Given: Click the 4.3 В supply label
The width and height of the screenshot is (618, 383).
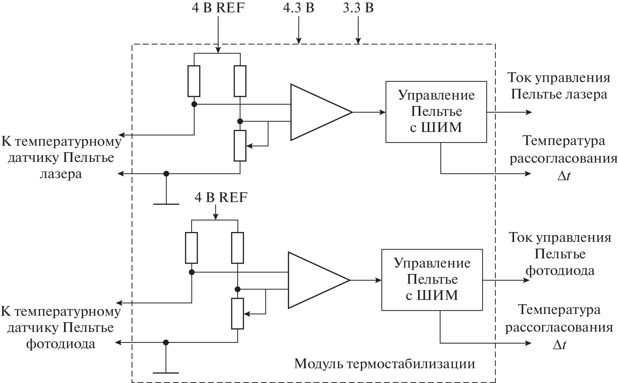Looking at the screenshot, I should pyautogui.click(x=298, y=8).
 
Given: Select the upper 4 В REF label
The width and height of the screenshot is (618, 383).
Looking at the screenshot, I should pyautogui.click(x=218, y=8).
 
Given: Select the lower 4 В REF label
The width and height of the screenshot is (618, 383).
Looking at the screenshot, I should pyautogui.click(x=221, y=197).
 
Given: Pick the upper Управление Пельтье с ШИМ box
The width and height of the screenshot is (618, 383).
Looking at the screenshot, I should pyautogui.click(x=436, y=112).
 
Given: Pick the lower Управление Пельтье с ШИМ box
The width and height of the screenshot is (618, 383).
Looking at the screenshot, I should pyautogui.click(x=432, y=280).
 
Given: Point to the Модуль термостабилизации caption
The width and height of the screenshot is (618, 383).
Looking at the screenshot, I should pyautogui.click(x=384, y=363).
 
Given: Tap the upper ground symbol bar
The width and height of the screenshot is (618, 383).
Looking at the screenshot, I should pyautogui.click(x=166, y=204).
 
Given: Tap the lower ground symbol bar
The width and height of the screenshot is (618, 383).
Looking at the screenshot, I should pyautogui.click(x=166, y=372).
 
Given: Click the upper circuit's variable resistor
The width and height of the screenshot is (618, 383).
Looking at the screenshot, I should pyautogui.click(x=240, y=145).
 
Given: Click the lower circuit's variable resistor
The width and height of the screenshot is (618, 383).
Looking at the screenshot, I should pyautogui.click(x=238, y=313).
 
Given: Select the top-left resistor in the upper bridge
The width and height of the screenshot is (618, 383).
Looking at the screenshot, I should pyautogui.click(x=194, y=81).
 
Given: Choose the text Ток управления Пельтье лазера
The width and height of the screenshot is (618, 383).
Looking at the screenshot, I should pyautogui.click(x=559, y=86).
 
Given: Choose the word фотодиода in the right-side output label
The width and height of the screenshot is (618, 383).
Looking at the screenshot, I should pyautogui.click(x=560, y=271).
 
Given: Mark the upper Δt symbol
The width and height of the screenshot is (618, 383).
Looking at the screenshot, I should pyautogui.click(x=563, y=176).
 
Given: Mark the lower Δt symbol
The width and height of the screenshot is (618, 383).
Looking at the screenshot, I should pyautogui.click(x=559, y=345).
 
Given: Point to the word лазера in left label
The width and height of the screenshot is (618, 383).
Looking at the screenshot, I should pyautogui.click(x=61, y=174).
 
